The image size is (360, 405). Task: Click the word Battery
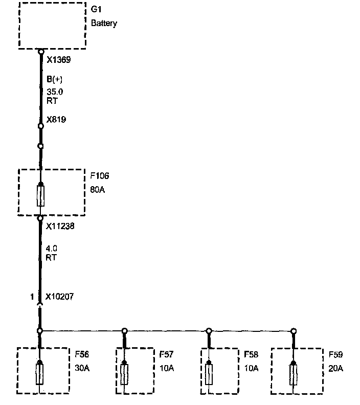(104, 24)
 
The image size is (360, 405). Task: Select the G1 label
(96, 10)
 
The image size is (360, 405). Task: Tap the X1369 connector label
(58, 60)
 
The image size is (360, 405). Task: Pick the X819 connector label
(56, 120)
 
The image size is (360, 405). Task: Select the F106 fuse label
(99, 176)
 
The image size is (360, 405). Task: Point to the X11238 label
(60, 225)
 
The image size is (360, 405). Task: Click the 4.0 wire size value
(51, 249)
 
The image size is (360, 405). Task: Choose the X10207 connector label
(60, 296)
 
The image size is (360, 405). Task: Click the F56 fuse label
(81, 354)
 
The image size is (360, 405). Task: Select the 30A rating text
(81, 368)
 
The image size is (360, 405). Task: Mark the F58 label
(251, 354)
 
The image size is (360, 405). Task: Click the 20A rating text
(336, 368)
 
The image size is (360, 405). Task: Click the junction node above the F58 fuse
(209, 330)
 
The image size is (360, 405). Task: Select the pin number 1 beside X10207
(32, 296)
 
